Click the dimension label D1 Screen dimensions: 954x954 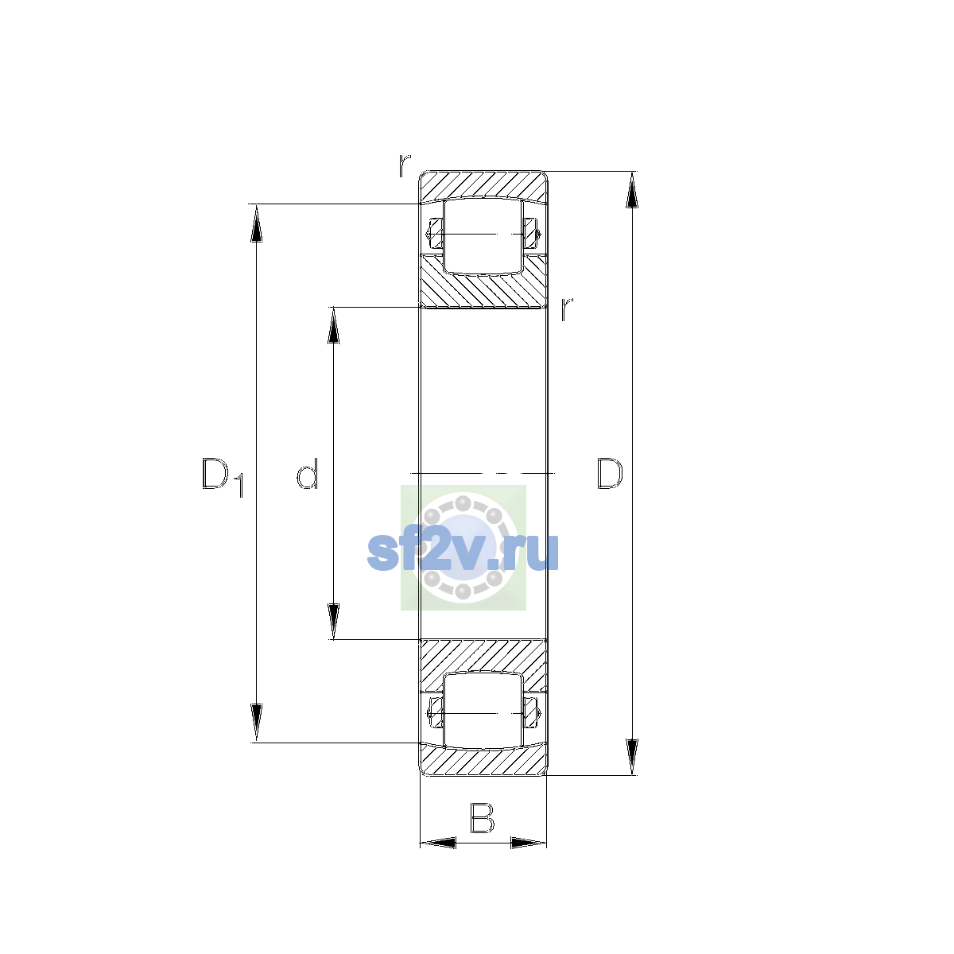pos(223,477)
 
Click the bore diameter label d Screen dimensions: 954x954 pos(307,473)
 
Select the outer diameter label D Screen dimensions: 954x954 pos(610,473)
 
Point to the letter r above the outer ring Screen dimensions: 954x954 pos(405,165)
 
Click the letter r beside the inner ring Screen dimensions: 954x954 pos(567,308)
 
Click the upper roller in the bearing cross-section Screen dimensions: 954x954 pos(483,236)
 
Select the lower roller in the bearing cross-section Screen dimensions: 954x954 pos(483,711)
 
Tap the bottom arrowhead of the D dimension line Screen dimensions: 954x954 pos(632,757)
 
